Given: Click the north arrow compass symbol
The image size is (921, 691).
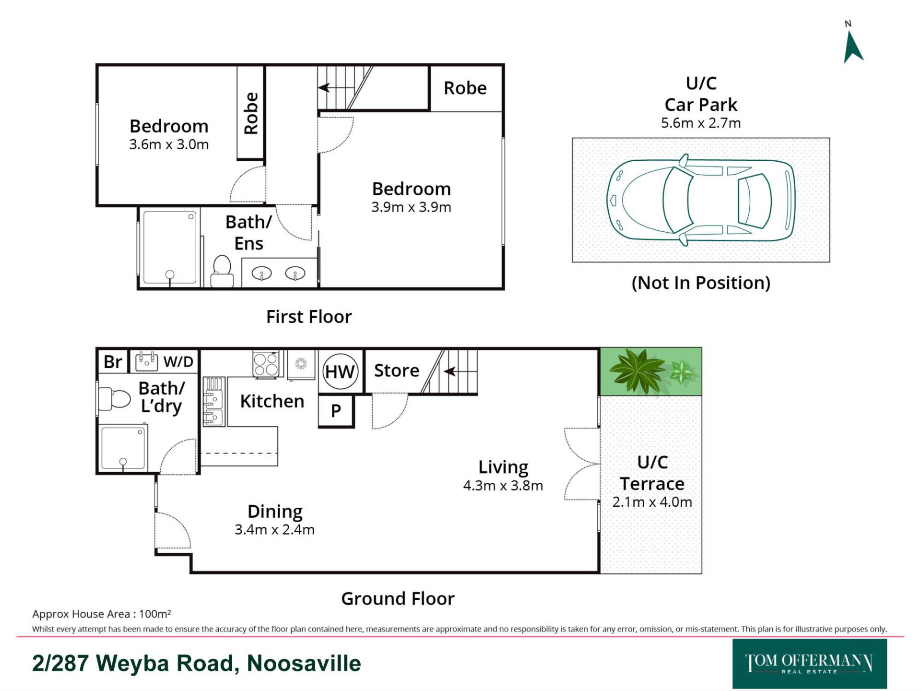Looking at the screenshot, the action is [x=852, y=48].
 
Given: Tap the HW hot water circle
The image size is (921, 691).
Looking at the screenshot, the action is [x=340, y=371].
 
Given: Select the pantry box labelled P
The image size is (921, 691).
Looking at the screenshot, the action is [x=336, y=411].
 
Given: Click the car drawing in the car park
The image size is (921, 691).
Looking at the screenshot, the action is [x=701, y=200].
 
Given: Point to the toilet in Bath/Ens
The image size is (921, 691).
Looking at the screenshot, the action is [x=222, y=272].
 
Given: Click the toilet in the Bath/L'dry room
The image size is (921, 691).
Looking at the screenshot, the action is [x=114, y=399].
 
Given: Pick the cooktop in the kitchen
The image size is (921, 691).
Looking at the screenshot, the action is [x=266, y=364].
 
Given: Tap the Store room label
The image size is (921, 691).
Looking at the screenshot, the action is [x=397, y=370].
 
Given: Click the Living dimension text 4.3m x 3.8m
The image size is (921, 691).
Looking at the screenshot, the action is [x=503, y=486].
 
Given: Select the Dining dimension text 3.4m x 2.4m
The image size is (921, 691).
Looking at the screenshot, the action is [x=274, y=530].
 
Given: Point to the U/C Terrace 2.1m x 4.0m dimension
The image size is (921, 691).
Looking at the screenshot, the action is [x=652, y=502].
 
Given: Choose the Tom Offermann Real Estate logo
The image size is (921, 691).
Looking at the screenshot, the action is [x=809, y=664].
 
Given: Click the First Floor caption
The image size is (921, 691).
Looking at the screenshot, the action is [x=309, y=317].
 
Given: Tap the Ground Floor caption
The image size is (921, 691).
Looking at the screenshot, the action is [x=398, y=599].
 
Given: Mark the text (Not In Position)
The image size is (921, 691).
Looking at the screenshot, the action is [x=701, y=283].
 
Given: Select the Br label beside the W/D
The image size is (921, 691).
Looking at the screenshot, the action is [x=113, y=362].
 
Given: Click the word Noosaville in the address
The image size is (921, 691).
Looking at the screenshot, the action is [x=304, y=664].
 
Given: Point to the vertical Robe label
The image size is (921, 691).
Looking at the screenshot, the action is [x=251, y=113].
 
